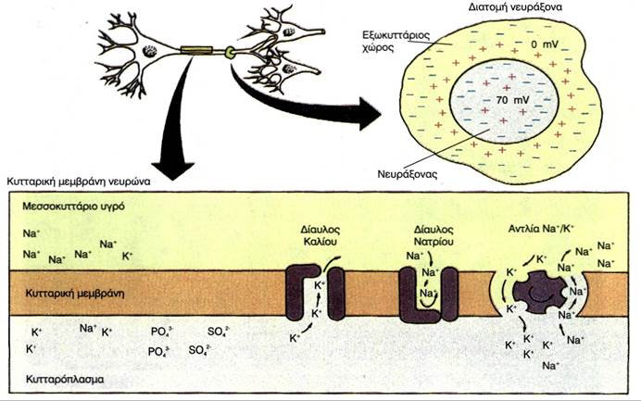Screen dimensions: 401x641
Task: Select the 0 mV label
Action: pos(543,44)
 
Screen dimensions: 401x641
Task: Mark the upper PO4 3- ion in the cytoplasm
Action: pos(159,330)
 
